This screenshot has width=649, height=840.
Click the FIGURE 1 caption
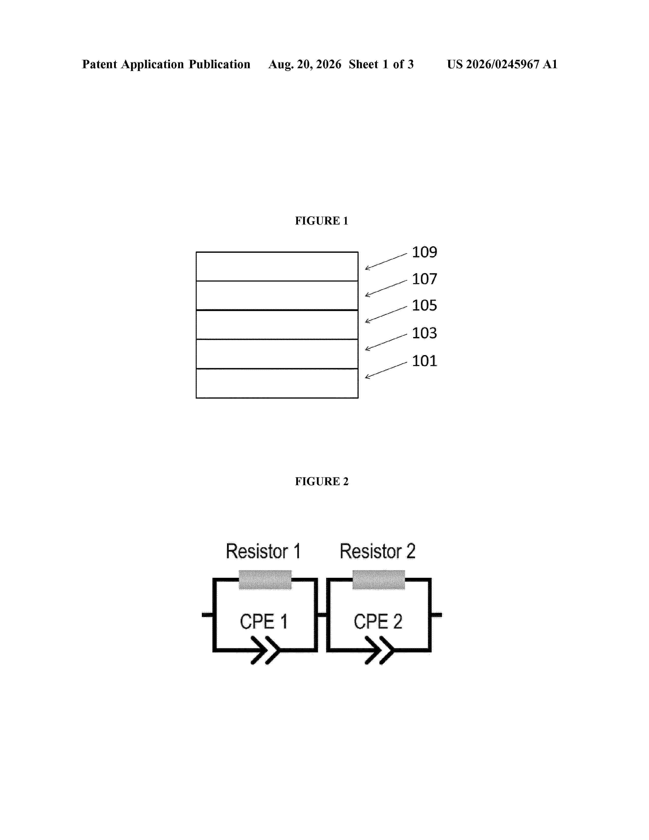point(321,221)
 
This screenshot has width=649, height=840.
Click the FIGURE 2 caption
point(321,481)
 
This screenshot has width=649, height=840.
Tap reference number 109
point(425,252)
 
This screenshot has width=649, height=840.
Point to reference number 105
point(425,306)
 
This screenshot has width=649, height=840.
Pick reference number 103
point(425,333)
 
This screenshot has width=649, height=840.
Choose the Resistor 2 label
point(377,551)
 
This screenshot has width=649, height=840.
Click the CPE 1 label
point(264,622)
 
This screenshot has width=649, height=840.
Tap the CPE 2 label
point(378,622)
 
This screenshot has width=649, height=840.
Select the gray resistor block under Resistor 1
point(265,580)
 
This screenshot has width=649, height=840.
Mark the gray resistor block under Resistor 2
point(379,580)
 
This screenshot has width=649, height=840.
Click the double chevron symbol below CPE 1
point(265,650)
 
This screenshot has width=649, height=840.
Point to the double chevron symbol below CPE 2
point(379,650)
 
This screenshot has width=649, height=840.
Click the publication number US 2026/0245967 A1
point(502,64)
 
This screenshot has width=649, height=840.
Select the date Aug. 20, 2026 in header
point(305,64)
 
